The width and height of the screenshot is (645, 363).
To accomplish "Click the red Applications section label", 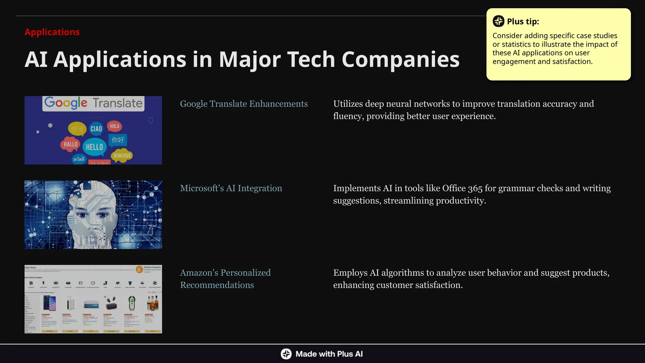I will [52, 32].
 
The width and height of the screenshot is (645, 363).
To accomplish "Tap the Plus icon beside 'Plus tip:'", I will [498, 21].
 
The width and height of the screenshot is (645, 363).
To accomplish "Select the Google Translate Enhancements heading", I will [244, 104].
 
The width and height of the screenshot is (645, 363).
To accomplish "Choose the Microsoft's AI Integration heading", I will [231, 188].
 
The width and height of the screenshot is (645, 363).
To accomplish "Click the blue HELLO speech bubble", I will [94, 147].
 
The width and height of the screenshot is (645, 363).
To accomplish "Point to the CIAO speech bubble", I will [96, 129].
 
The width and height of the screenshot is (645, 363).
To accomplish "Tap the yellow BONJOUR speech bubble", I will [122, 155].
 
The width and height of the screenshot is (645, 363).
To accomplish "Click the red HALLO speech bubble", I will [70, 144].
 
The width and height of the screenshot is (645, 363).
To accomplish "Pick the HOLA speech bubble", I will [114, 126].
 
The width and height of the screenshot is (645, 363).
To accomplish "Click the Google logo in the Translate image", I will [66, 103].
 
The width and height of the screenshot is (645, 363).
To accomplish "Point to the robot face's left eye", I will [82, 215].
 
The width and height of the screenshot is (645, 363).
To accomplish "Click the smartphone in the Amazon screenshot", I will [49, 304].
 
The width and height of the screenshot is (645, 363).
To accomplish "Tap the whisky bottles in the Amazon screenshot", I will [153, 303].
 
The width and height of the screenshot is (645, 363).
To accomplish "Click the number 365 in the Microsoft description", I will [475, 188].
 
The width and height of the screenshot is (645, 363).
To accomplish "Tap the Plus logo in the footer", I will [286, 354].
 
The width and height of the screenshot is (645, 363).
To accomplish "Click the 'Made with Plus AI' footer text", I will [329, 354].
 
